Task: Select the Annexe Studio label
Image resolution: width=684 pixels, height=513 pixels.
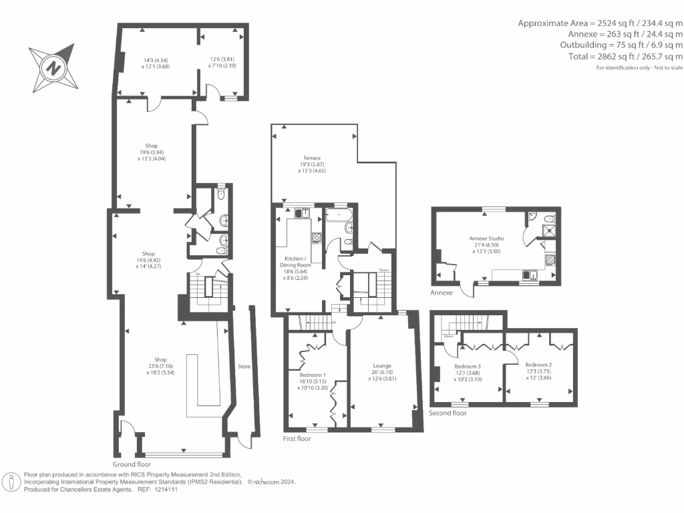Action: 487,238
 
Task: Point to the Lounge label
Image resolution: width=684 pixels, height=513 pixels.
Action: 382,365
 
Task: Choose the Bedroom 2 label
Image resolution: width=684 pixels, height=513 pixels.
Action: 538,367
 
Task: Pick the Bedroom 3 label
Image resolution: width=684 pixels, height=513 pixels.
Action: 468,367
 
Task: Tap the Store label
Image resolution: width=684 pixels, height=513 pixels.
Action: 244,366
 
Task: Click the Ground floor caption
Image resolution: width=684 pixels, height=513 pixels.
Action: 132,464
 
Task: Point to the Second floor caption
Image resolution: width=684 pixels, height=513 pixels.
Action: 449,413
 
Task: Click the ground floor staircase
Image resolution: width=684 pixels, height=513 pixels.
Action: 204,289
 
